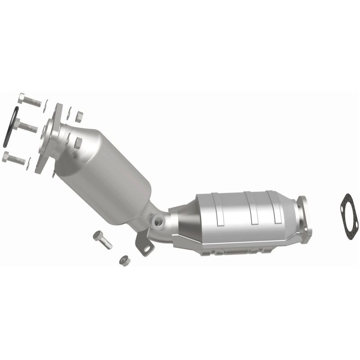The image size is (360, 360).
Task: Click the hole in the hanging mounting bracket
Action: (145, 247)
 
